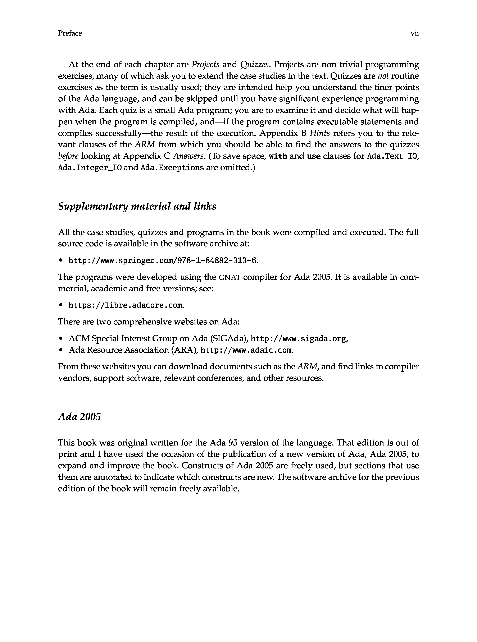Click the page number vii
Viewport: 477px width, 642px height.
coord(415,33)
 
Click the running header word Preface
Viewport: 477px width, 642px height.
coord(70,33)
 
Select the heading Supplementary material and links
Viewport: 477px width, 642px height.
coord(137,207)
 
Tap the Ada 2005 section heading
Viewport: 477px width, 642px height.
coord(79,417)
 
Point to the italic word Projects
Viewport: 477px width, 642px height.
coord(206,64)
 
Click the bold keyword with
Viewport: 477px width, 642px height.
coord(278,156)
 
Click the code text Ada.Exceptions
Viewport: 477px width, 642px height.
coord(172,168)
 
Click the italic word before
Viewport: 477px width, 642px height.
coord(68,156)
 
